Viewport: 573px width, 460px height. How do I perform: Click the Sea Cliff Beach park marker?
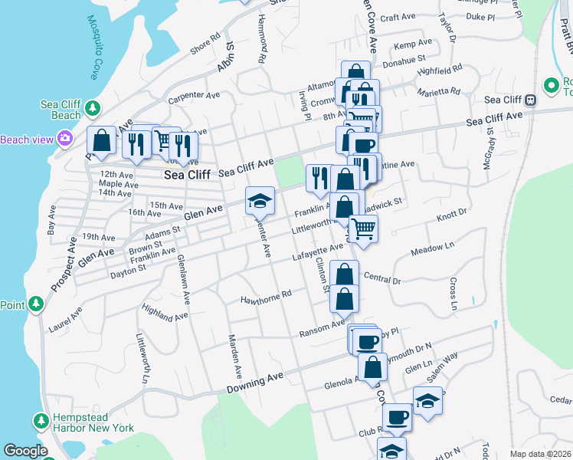coord(93,107)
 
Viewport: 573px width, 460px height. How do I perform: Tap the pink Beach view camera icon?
coord(64,139)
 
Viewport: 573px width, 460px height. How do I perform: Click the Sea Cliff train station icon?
coord(530,100)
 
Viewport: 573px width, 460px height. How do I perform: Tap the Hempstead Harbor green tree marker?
coord(41,420)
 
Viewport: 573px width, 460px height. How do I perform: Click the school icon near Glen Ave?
coord(260,201)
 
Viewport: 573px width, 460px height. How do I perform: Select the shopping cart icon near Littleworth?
coord(364,228)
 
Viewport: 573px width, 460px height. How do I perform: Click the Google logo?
coord(25,451)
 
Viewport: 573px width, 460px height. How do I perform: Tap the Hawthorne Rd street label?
coord(267,295)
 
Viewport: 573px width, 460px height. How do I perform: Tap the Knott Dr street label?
coord(451,215)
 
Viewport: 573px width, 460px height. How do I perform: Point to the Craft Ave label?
coord(397,17)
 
